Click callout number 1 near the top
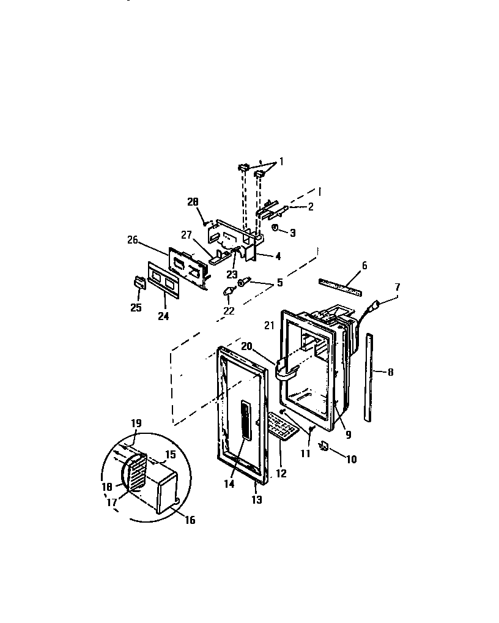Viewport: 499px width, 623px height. [281, 162]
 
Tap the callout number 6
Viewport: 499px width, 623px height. [364, 266]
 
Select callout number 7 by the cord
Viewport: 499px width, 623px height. [397, 286]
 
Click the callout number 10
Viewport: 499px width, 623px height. [351, 459]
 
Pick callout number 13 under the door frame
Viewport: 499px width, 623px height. [256, 500]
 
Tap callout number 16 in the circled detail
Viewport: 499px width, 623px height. [190, 520]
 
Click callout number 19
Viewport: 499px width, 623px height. [136, 423]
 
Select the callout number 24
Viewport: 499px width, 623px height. [163, 316]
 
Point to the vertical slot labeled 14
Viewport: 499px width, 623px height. [245, 421]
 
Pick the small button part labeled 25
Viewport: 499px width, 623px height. [139, 282]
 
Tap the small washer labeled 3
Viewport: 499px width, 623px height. [276, 228]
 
